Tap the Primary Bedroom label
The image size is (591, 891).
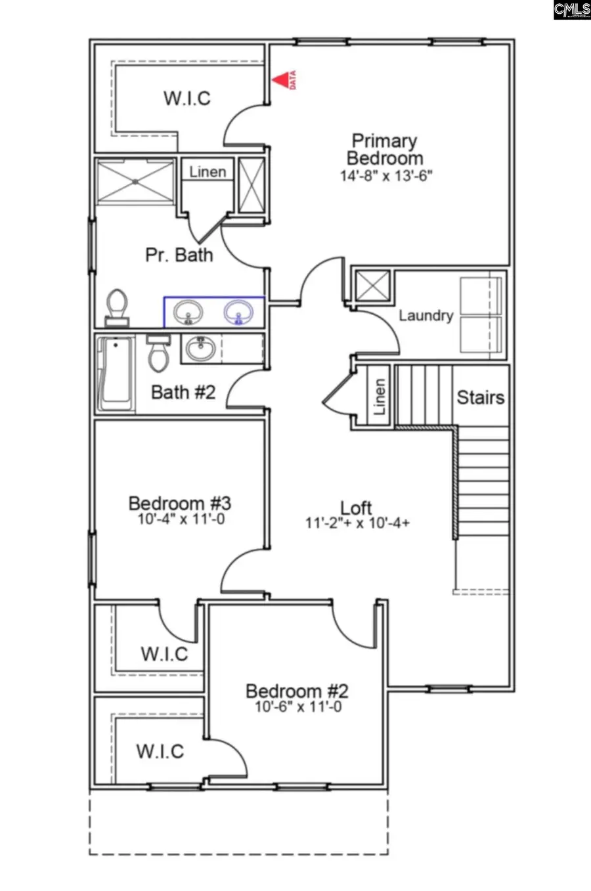click(385, 150)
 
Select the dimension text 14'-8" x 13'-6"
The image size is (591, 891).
click(386, 176)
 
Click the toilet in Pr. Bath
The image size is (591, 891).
click(117, 307)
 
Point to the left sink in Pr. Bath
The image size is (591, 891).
click(188, 312)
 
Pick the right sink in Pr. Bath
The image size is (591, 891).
click(238, 312)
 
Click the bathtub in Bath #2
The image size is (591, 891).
click(115, 374)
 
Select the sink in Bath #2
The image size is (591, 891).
click(199, 348)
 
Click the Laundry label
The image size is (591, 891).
click(426, 316)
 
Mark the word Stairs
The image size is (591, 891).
click(481, 397)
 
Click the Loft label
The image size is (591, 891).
click(357, 508)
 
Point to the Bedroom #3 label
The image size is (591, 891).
click(179, 504)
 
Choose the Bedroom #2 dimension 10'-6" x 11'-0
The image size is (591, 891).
click(298, 707)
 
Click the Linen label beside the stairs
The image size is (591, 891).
click(379, 397)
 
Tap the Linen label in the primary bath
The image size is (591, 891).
click(208, 172)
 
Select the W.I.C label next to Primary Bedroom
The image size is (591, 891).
click(187, 98)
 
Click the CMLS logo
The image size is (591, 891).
click(571, 10)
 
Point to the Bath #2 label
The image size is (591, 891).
click(183, 393)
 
